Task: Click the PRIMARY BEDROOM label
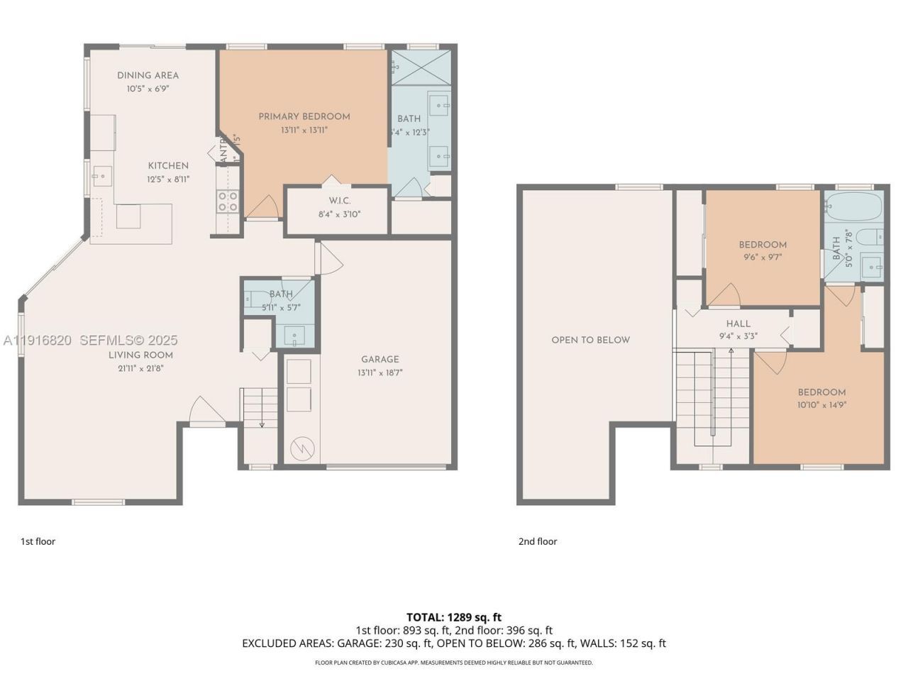304,116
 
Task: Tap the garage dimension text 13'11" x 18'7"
380,372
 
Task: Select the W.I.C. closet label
339,201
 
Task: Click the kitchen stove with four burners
228,201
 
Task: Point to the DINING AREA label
148,75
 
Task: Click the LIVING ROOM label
140,355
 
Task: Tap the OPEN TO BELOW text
590,340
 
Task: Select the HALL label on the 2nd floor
738,323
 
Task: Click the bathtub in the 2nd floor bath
853,208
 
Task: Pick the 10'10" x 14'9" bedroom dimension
821,405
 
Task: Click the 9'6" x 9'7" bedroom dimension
763,258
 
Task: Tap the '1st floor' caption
38,541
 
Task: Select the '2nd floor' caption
537,541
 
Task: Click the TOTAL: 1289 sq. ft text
453,617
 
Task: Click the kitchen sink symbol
102,174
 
